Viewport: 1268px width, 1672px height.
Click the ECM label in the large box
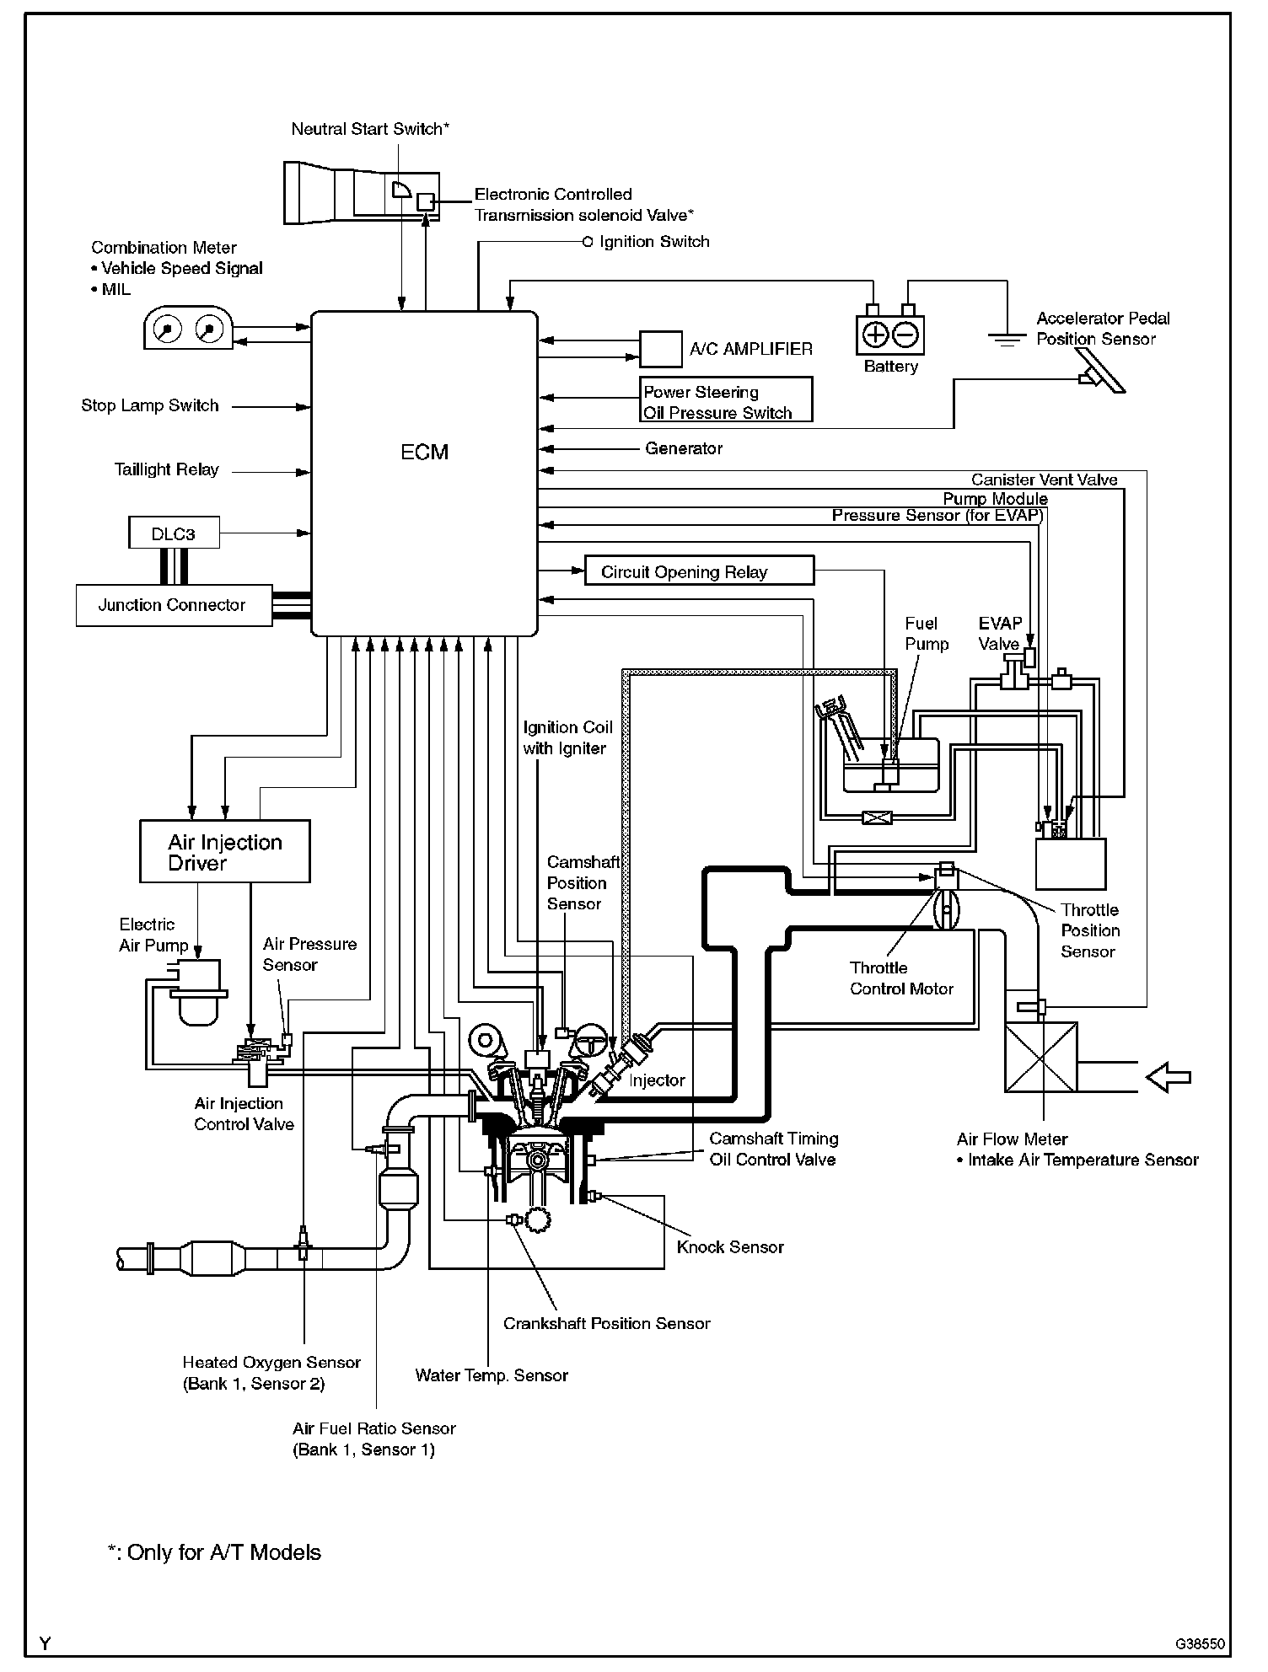pyautogui.click(x=424, y=453)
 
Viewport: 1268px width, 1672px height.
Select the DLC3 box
pyautogui.click(x=174, y=533)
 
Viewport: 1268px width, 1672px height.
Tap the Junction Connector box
pyautogui.click(x=174, y=605)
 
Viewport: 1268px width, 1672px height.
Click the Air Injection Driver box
pyautogui.click(x=224, y=851)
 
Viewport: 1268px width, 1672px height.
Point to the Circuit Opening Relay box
pyautogui.click(x=699, y=571)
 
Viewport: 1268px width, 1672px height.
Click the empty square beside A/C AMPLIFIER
pyautogui.click(x=660, y=349)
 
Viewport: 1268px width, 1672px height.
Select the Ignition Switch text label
pyautogui.click(x=654, y=242)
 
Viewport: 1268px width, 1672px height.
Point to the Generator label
pyautogui.click(x=684, y=448)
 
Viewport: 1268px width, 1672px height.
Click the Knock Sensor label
pyautogui.click(x=730, y=1246)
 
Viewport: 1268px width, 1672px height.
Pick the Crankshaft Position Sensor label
pyautogui.click(x=606, y=1323)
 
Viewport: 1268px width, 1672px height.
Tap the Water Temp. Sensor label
pyautogui.click(x=492, y=1375)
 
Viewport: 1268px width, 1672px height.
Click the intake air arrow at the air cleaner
pyautogui.click(x=1169, y=1077)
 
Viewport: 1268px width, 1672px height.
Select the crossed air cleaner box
pyautogui.click(x=1040, y=1057)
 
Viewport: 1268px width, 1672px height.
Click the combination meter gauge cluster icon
pyautogui.click(x=187, y=328)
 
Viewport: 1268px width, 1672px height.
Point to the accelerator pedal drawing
pyautogui.click(x=1103, y=371)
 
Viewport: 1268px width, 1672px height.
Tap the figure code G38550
pyautogui.click(x=1201, y=1643)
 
